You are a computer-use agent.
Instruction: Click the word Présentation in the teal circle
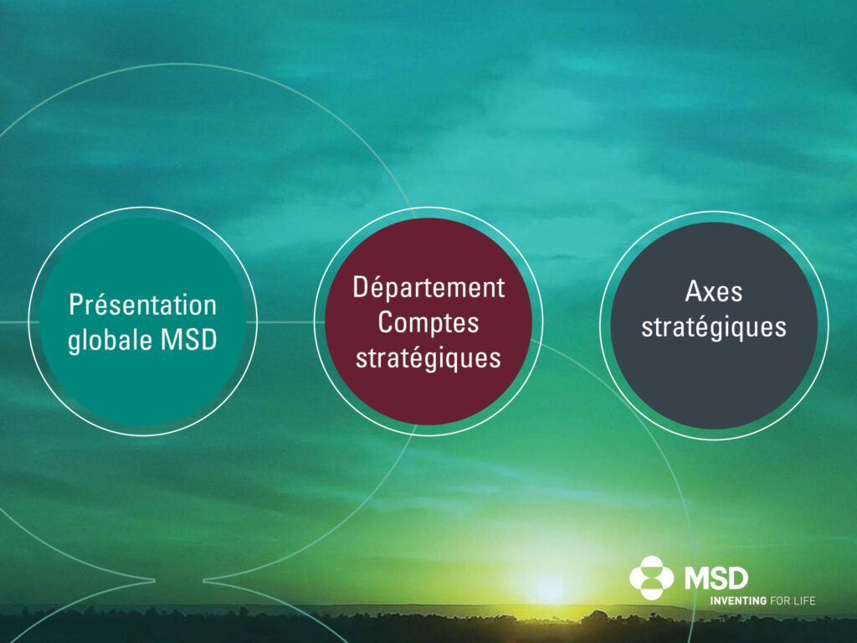pyautogui.click(x=142, y=305)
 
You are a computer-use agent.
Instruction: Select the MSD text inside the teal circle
pyautogui.click(x=188, y=340)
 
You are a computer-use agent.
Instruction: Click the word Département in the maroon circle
pyautogui.click(x=428, y=288)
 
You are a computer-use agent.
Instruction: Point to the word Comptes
pyautogui.click(x=428, y=322)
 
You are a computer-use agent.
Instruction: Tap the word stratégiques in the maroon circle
pyautogui.click(x=428, y=358)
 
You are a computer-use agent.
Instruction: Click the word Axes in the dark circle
pyautogui.click(x=714, y=291)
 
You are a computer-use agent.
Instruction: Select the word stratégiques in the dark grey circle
pyautogui.click(x=714, y=327)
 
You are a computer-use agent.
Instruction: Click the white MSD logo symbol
pyautogui.click(x=651, y=578)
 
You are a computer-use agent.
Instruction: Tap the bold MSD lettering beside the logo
pyautogui.click(x=716, y=578)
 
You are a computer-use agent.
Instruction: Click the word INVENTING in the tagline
pyautogui.click(x=738, y=601)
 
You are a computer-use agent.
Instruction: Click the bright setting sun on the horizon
pyautogui.click(x=549, y=589)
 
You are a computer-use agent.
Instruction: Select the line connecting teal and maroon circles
pyautogui.click(x=285, y=322)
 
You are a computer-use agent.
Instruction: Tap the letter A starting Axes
pyautogui.click(x=694, y=291)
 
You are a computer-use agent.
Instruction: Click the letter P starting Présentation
pyautogui.click(x=76, y=304)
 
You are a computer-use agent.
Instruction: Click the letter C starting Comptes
pyautogui.click(x=386, y=322)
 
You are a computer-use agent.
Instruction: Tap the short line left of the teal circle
pyautogui.click(x=14, y=322)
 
